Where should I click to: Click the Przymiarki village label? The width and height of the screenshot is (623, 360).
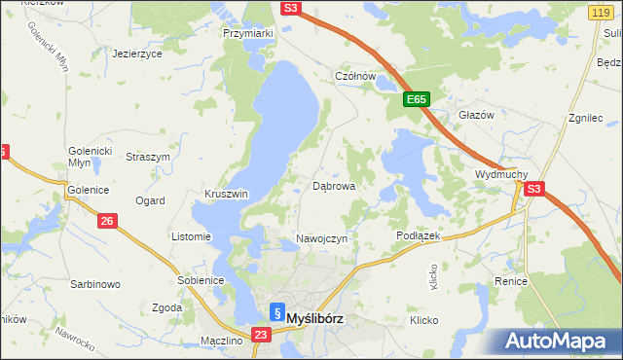[248, 32]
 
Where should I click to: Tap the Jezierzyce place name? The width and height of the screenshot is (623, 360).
[136, 54]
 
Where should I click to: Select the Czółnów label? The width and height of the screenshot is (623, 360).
[355, 76]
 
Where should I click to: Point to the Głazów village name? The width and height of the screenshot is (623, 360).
[477, 114]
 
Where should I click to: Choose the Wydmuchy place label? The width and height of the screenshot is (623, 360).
[500, 174]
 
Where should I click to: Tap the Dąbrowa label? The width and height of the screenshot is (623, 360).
[333, 185]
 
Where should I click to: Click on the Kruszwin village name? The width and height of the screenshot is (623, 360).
[226, 194]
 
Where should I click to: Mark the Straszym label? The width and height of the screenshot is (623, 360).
[148, 157]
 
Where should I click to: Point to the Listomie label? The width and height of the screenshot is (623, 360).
[191, 236]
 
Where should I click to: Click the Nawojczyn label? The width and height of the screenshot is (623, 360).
[321, 239]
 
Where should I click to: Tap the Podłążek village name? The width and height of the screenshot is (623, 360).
[420, 236]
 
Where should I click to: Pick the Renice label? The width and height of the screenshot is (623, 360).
[510, 281]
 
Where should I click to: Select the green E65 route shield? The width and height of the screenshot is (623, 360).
[417, 99]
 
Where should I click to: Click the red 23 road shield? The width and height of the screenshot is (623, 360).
[260, 335]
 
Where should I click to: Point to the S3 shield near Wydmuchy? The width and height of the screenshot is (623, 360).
[534, 190]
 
